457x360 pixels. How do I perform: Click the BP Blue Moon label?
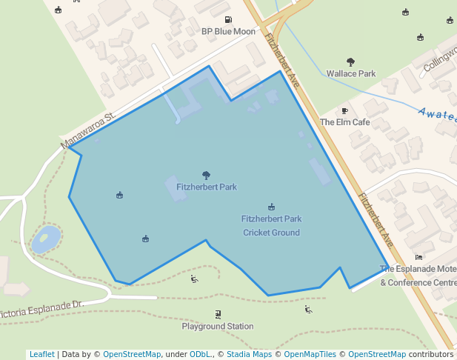228,32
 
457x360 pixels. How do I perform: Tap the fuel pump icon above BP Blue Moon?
227,20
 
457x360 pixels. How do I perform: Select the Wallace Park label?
351,74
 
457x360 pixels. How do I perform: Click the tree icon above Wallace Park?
351,62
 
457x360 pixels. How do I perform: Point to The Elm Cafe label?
344,122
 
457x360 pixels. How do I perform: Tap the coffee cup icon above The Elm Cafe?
344,110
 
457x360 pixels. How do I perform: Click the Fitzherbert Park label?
206,187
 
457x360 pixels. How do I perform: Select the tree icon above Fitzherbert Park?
206,175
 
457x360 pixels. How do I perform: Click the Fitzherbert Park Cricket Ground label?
271,226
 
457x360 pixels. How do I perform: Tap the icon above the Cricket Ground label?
271,207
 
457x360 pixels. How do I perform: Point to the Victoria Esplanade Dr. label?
43,310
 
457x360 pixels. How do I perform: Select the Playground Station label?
218,326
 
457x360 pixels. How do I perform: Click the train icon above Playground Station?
218,313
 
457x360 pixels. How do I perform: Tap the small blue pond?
46,239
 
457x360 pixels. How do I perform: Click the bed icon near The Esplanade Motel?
419,257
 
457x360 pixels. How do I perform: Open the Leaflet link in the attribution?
41,354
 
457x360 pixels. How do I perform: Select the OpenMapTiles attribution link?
310,354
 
